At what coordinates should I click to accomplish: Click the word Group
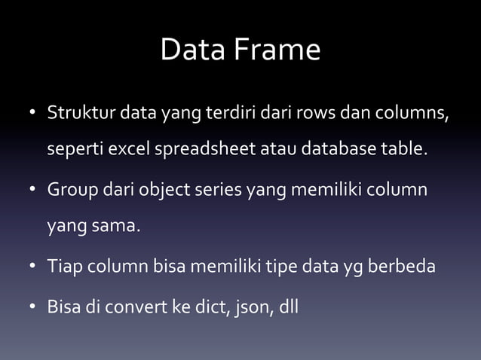(72, 190)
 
